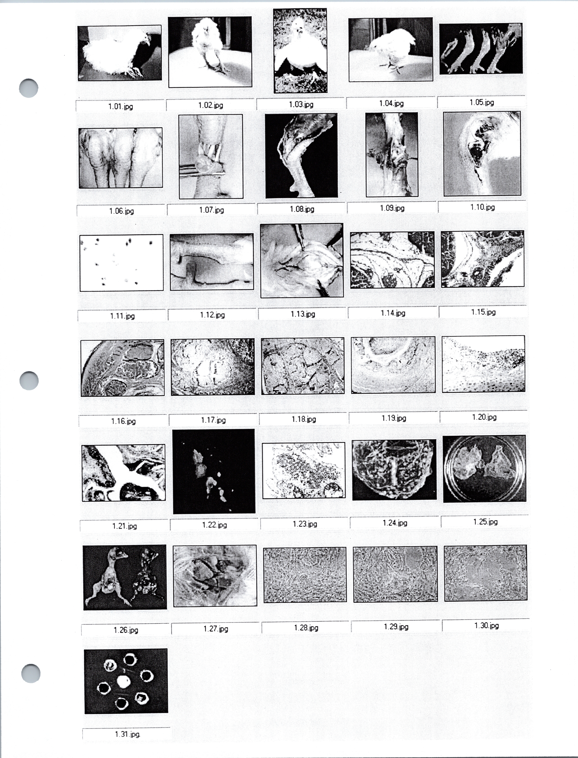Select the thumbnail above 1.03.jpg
pos(300,51)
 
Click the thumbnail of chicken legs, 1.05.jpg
pos(481,49)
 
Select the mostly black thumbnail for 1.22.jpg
pos(214,471)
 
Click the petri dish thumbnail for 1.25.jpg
pos(484,469)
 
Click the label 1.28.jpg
pos(306,628)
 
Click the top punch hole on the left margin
pos(29,88)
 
